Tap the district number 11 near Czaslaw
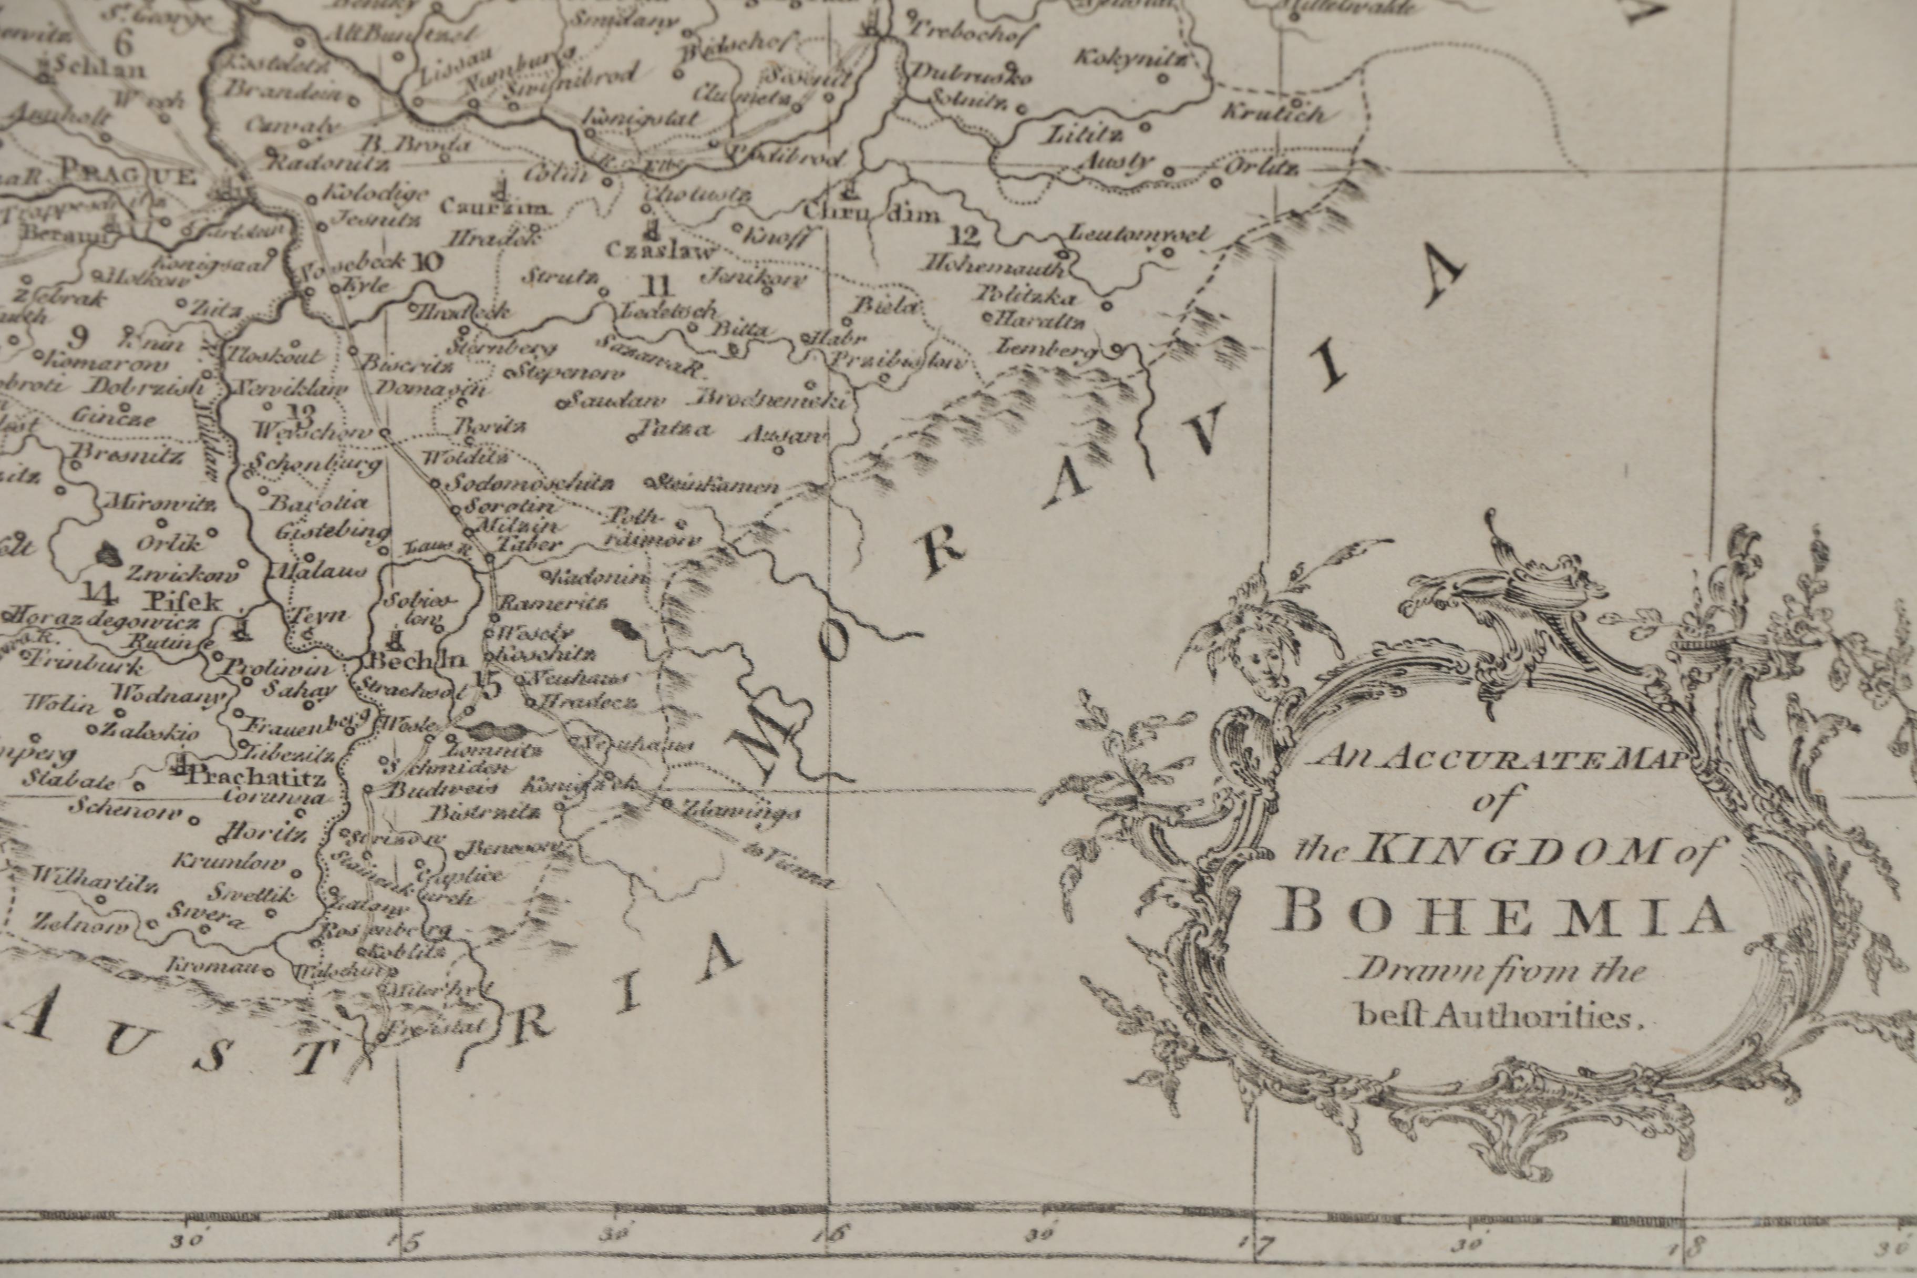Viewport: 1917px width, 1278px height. click(x=657, y=286)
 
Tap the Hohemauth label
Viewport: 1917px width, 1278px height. click(x=996, y=266)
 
